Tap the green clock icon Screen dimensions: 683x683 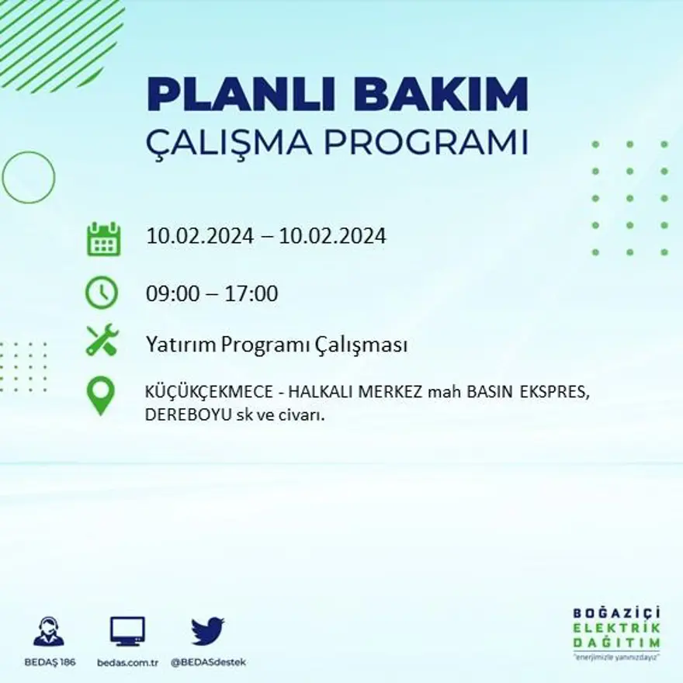pos(102,293)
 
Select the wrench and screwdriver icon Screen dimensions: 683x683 pos(102,340)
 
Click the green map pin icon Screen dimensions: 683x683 pos(101,395)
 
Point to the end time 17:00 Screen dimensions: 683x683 pos(251,294)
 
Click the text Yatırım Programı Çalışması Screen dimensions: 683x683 pos(276,345)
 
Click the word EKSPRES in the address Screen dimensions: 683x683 pos(556,393)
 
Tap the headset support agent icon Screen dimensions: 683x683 pos(49,631)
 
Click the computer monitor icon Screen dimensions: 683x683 pos(127,631)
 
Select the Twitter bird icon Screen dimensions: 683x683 pos(207,631)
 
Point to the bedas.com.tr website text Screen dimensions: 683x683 pos(128,663)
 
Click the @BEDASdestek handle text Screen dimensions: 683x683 pos(208,663)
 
